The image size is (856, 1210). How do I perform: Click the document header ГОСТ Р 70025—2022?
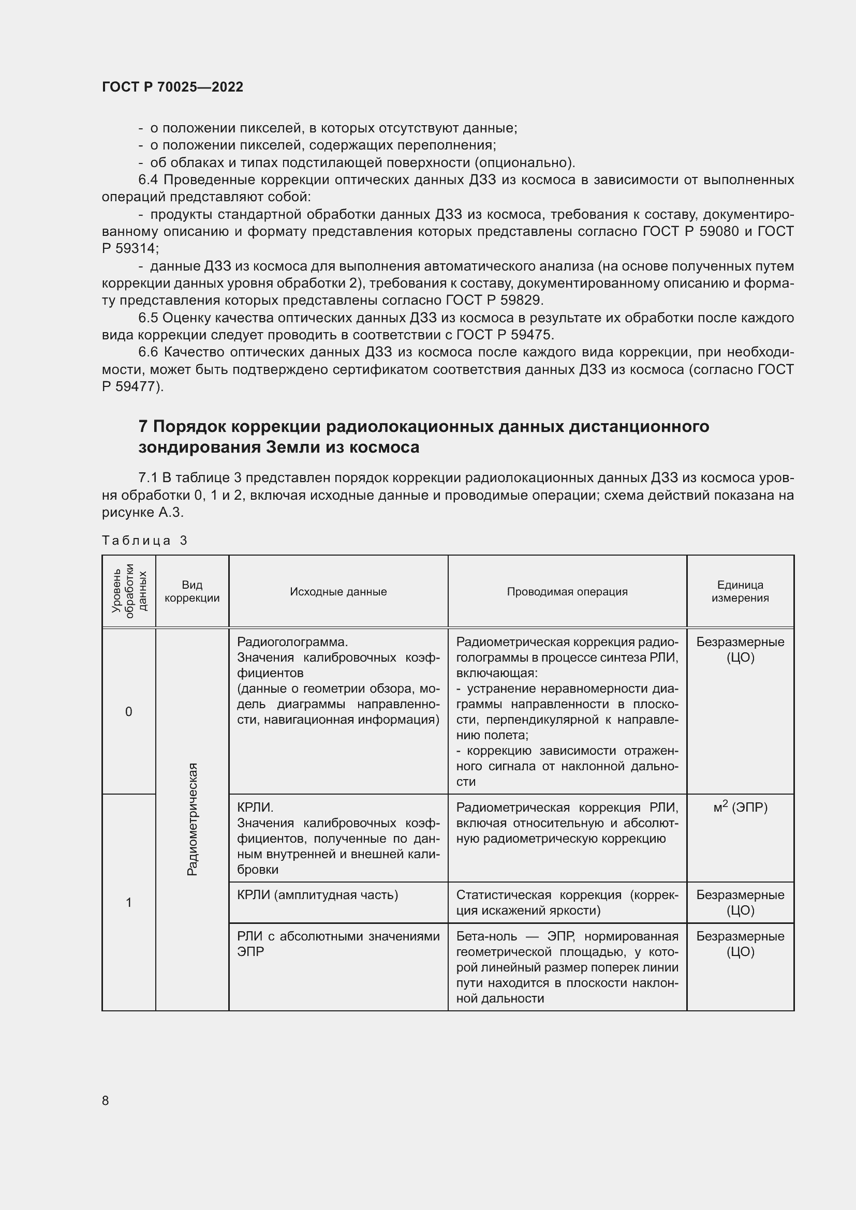[172, 87]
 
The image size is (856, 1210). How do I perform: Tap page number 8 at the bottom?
[106, 1100]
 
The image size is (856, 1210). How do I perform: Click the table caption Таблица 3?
[144, 540]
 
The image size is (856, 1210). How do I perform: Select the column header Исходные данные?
[338, 591]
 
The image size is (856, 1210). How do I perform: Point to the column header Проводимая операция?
[567, 591]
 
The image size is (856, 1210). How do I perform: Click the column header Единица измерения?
[740, 591]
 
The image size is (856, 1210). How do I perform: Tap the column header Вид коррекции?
[192, 591]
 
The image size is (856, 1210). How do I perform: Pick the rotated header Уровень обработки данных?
[129, 591]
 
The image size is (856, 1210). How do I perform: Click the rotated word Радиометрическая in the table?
[193, 819]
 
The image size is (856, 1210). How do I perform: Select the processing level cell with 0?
[129, 711]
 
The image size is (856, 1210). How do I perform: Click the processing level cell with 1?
[129, 902]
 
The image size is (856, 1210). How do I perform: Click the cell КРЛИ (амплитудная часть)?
[317, 895]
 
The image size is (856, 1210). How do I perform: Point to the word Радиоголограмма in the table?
[292, 642]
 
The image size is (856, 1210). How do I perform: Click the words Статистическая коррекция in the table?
[530, 895]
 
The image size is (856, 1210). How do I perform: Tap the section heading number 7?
[143, 426]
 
